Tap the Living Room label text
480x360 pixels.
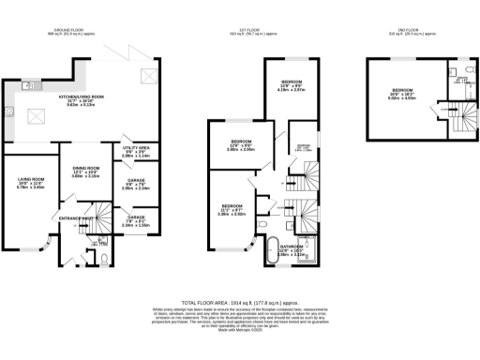pyautogui.click(x=31, y=184)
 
